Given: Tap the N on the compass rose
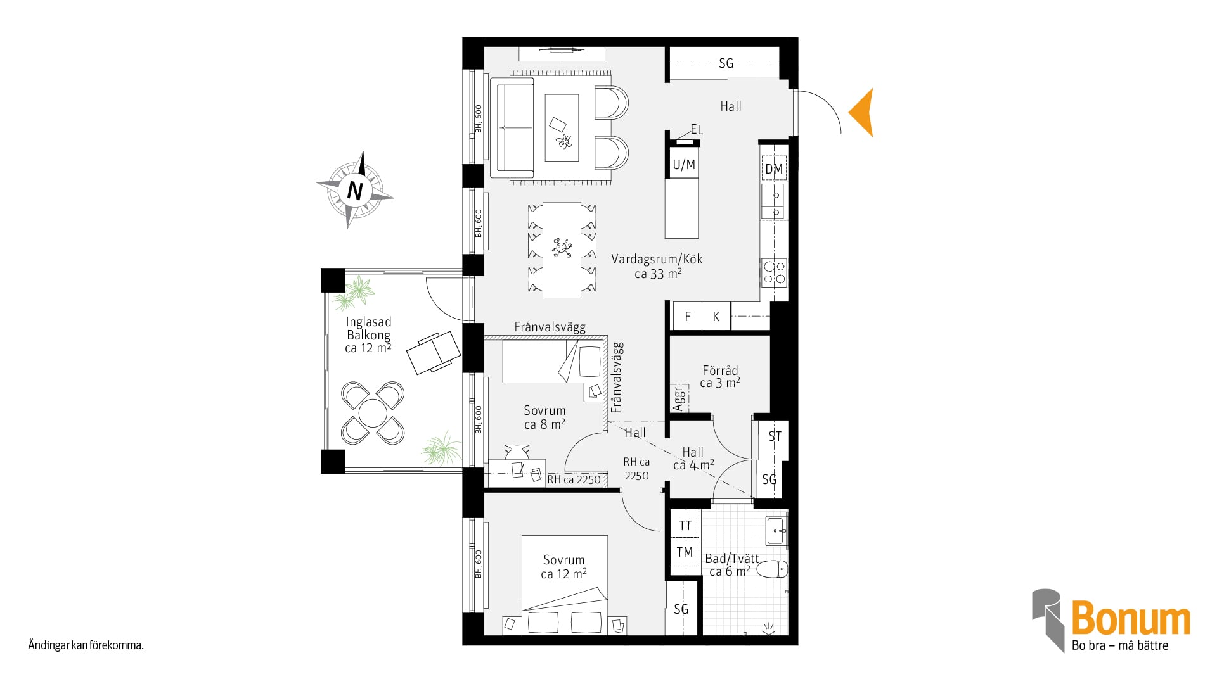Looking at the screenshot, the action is pyautogui.click(x=355, y=190).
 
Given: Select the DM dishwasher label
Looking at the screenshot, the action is pyautogui.click(x=774, y=169).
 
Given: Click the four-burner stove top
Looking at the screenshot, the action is pyautogui.click(x=774, y=272).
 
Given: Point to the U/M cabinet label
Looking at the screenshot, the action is pyautogui.click(x=684, y=165).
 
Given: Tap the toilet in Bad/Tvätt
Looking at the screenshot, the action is pyautogui.click(x=772, y=568).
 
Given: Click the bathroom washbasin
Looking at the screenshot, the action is pyautogui.click(x=777, y=531).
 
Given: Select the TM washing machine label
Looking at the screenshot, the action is pyautogui.click(x=685, y=552).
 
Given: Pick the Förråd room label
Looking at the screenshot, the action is pyautogui.click(x=720, y=370).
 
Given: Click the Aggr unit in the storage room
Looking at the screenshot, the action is pyautogui.click(x=679, y=398).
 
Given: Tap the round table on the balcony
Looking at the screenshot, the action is pyautogui.click(x=373, y=414).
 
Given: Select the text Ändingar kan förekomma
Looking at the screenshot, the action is pyautogui.click(x=86, y=646).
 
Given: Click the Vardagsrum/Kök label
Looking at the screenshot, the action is pyautogui.click(x=657, y=259).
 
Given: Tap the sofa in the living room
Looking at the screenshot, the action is pyautogui.click(x=515, y=127).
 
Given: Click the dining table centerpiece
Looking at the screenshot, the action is pyautogui.click(x=562, y=247).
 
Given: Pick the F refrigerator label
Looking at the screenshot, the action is pyautogui.click(x=688, y=317).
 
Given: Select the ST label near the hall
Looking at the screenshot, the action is pyautogui.click(x=775, y=436).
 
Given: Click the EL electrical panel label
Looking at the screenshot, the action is pyautogui.click(x=697, y=130).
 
